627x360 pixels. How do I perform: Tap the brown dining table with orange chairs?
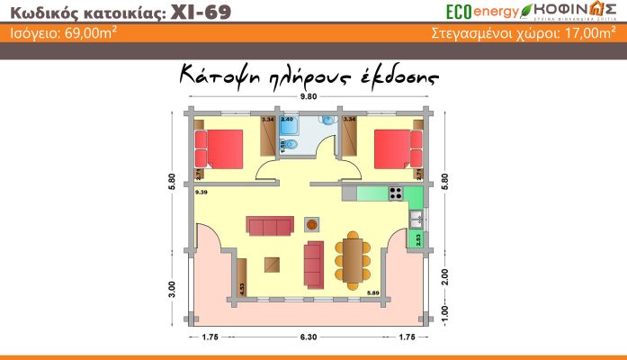353,258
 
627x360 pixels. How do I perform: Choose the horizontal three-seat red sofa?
270,223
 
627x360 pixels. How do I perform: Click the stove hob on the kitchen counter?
394,193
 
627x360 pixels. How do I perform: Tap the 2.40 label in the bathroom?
287,119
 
